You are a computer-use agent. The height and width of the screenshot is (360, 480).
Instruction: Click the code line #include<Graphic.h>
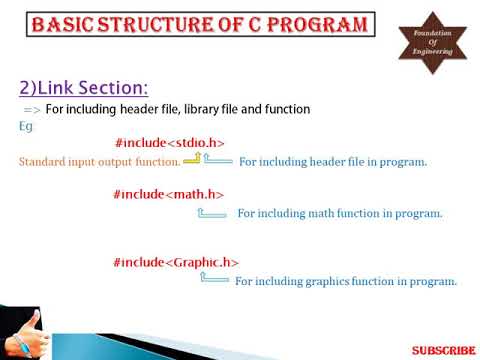click(x=177, y=262)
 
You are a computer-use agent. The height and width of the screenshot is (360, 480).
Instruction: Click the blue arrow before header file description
click(x=218, y=160)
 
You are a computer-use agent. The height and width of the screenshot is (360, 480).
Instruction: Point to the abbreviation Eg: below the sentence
click(x=26, y=127)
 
